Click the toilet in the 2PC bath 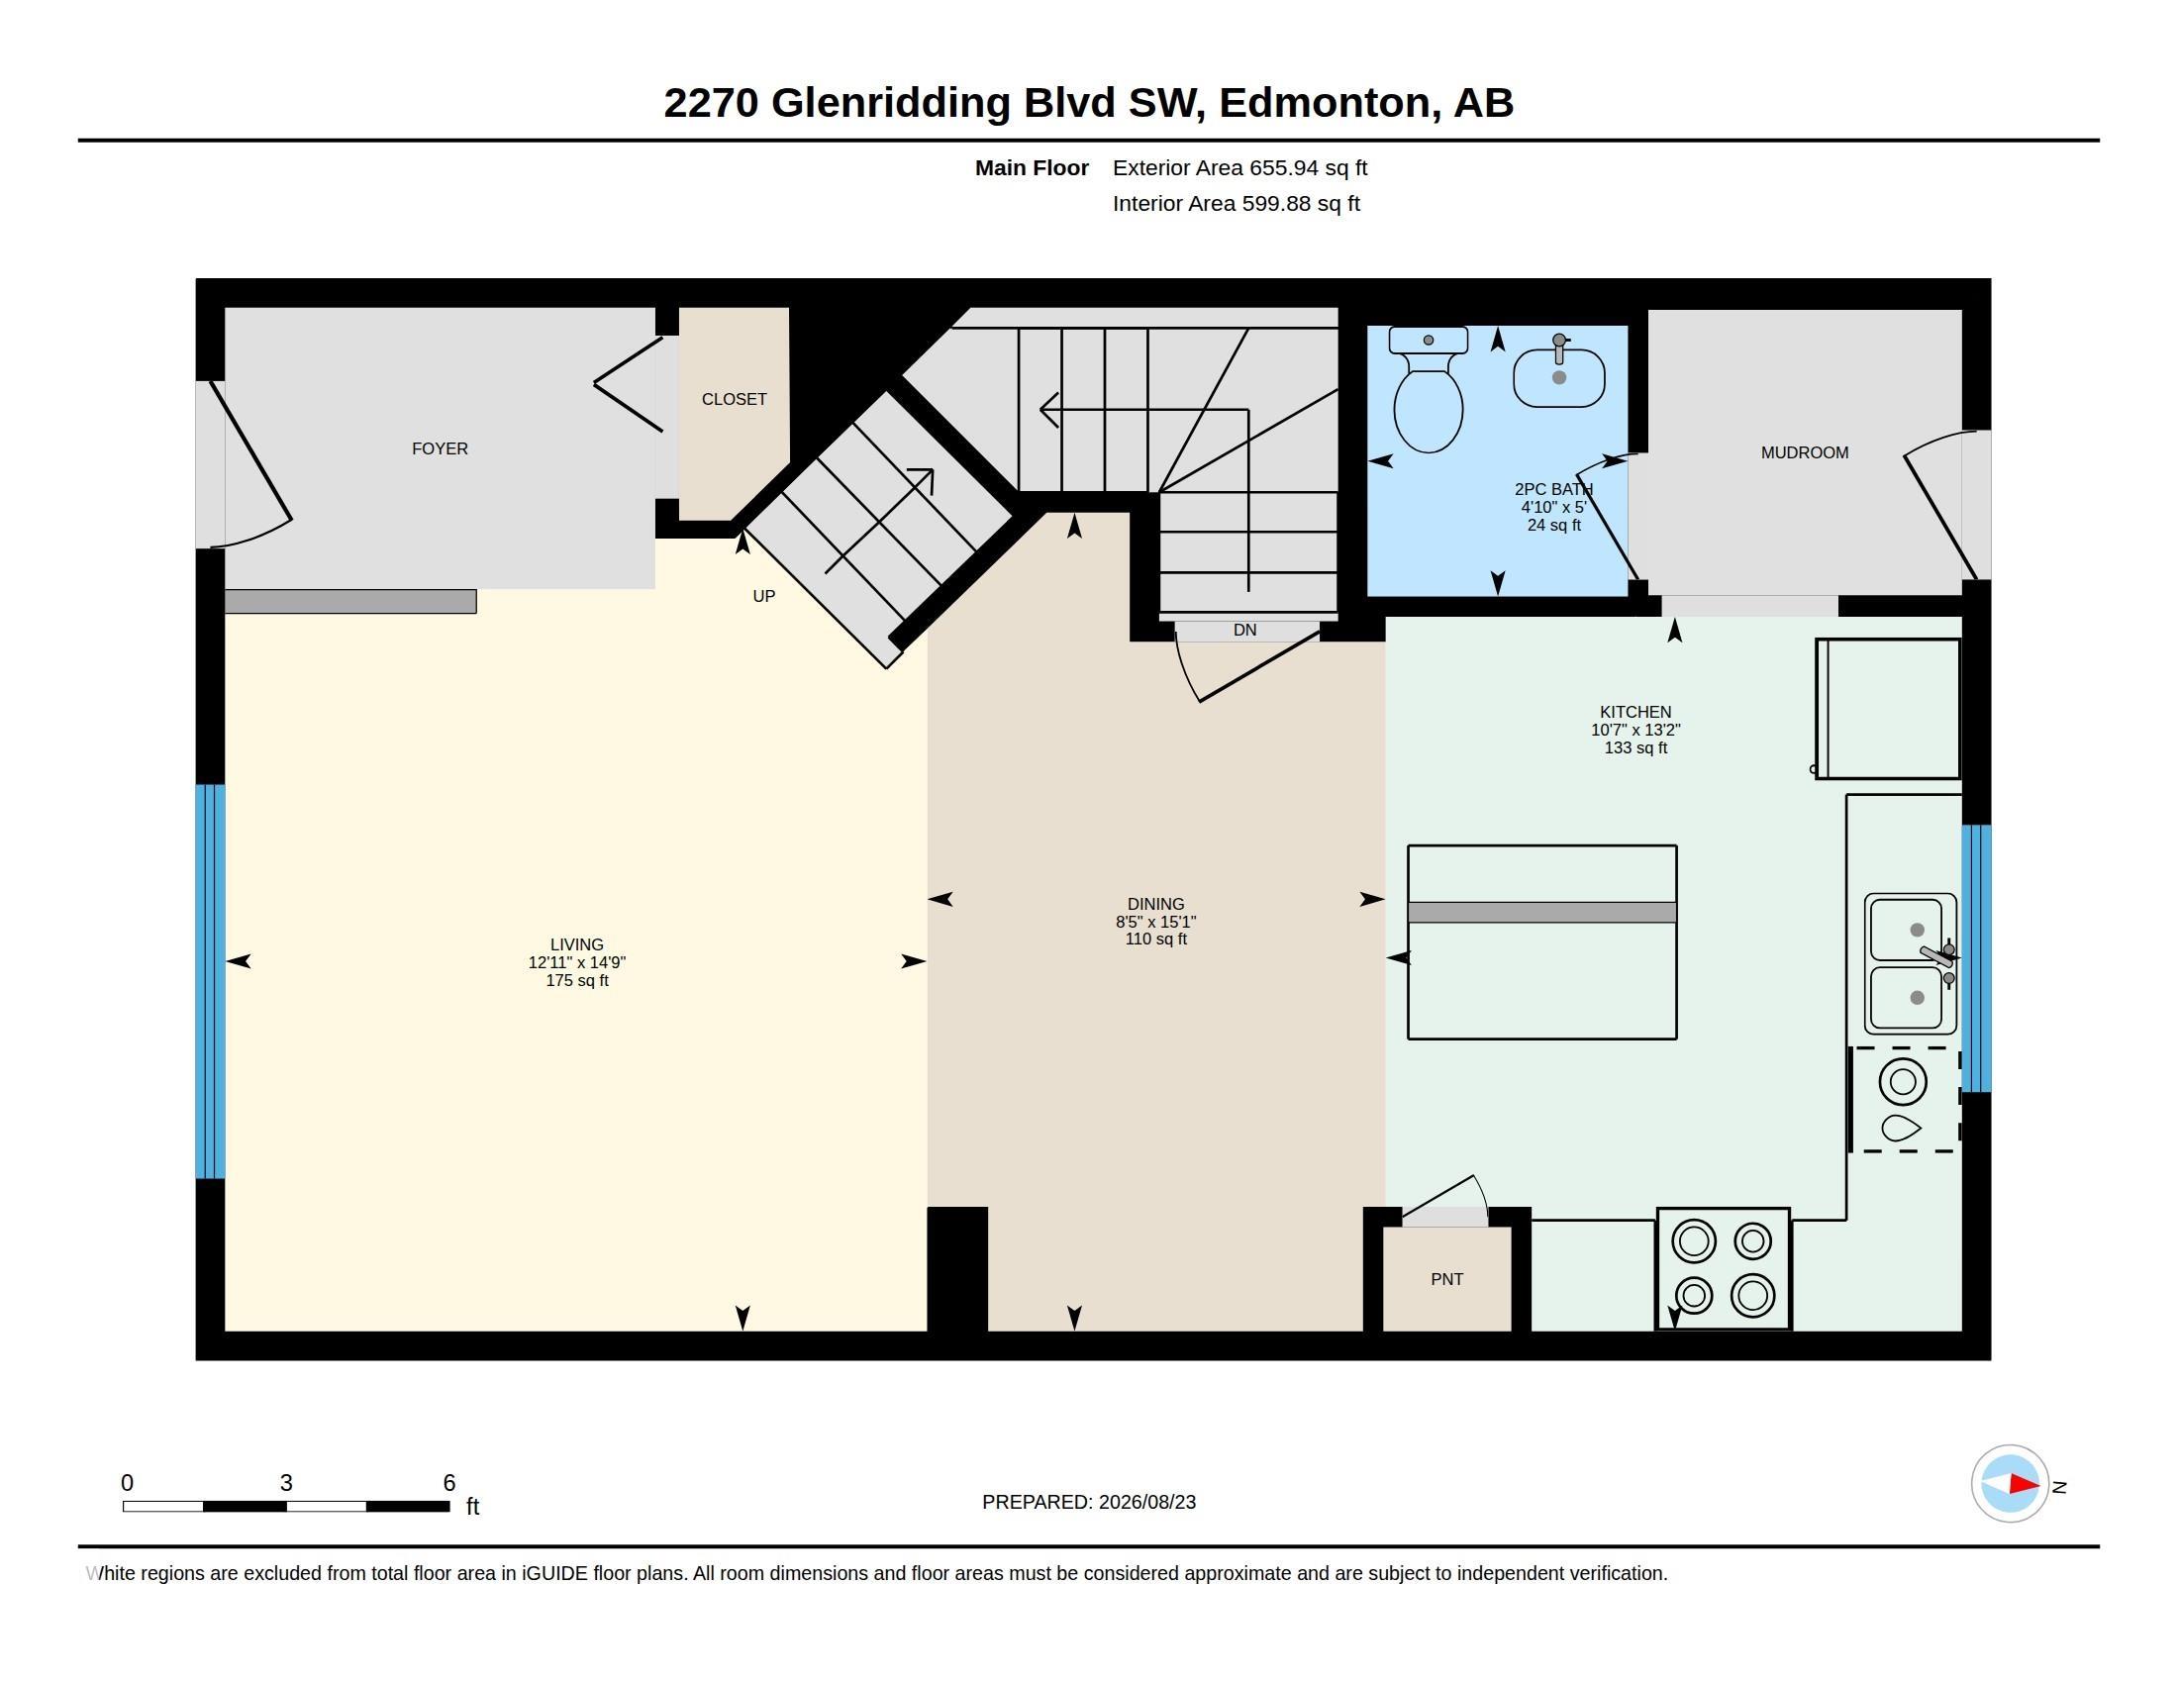click(x=1428, y=390)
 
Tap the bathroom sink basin click(x=1558, y=375)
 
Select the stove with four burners click(x=1724, y=1268)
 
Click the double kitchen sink click(x=1910, y=964)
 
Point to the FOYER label click(x=440, y=448)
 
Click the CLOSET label click(x=734, y=399)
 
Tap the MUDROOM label click(x=1804, y=452)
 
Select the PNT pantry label click(x=1447, y=1279)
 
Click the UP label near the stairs click(x=764, y=596)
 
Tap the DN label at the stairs click(x=1244, y=630)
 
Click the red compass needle click(x=2024, y=1485)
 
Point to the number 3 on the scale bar click(x=286, y=1483)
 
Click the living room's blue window click(x=211, y=982)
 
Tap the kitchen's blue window click(x=1977, y=958)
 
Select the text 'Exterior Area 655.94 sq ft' click(x=1239, y=167)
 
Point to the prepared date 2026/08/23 click(x=1146, y=1502)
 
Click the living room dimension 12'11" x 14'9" click(x=576, y=962)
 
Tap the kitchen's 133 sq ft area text click(x=1635, y=747)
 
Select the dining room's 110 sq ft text click(x=1155, y=940)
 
